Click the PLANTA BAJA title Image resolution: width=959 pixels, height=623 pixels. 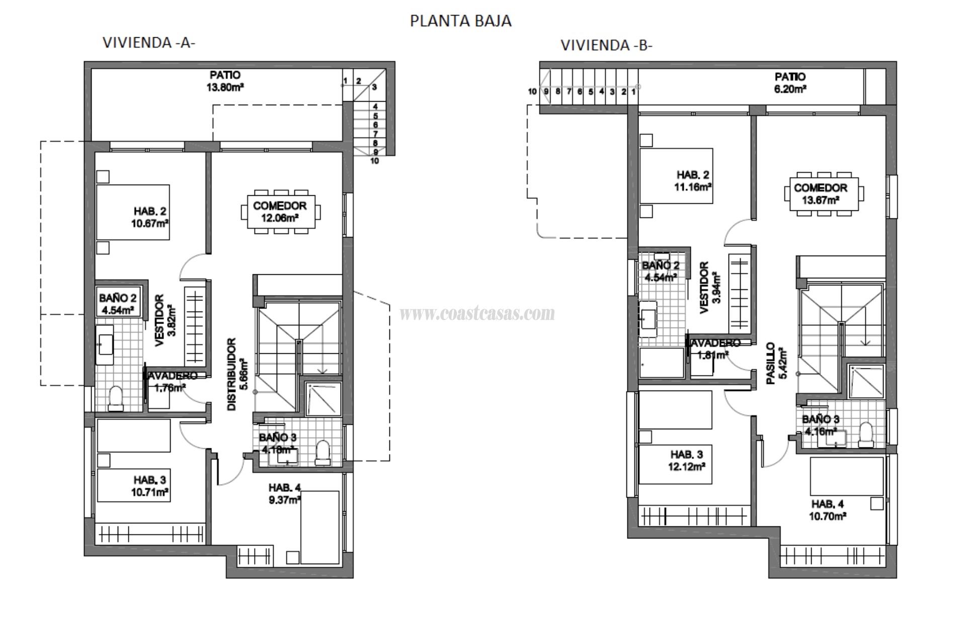(x=460, y=21)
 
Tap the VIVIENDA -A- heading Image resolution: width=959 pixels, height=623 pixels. (x=149, y=43)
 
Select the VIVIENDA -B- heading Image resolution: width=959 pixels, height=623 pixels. (x=606, y=45)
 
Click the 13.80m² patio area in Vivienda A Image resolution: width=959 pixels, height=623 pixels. (x=225, y=81)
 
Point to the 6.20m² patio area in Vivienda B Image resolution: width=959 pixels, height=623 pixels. (x=790, y=83)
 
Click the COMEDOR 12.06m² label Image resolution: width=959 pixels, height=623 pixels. (x=280, y=211)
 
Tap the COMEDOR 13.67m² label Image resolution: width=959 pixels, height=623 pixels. (x=820, y=194)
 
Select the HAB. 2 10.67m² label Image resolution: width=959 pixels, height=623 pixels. (x=150, y=217)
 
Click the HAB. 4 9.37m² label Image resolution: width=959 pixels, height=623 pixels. (x=284, y=493)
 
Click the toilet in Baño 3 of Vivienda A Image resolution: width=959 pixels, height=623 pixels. (x=322, y=452)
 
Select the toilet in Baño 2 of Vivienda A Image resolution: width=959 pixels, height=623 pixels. (x=116, y=399)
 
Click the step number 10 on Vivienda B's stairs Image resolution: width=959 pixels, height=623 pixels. (x=532, y=92)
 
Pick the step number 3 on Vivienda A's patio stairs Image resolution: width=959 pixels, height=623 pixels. (x=374, y=87)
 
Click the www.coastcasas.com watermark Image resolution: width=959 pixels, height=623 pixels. (x=477, y=314)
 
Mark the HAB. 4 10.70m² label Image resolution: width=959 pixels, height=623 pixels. (x=828, y=510)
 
